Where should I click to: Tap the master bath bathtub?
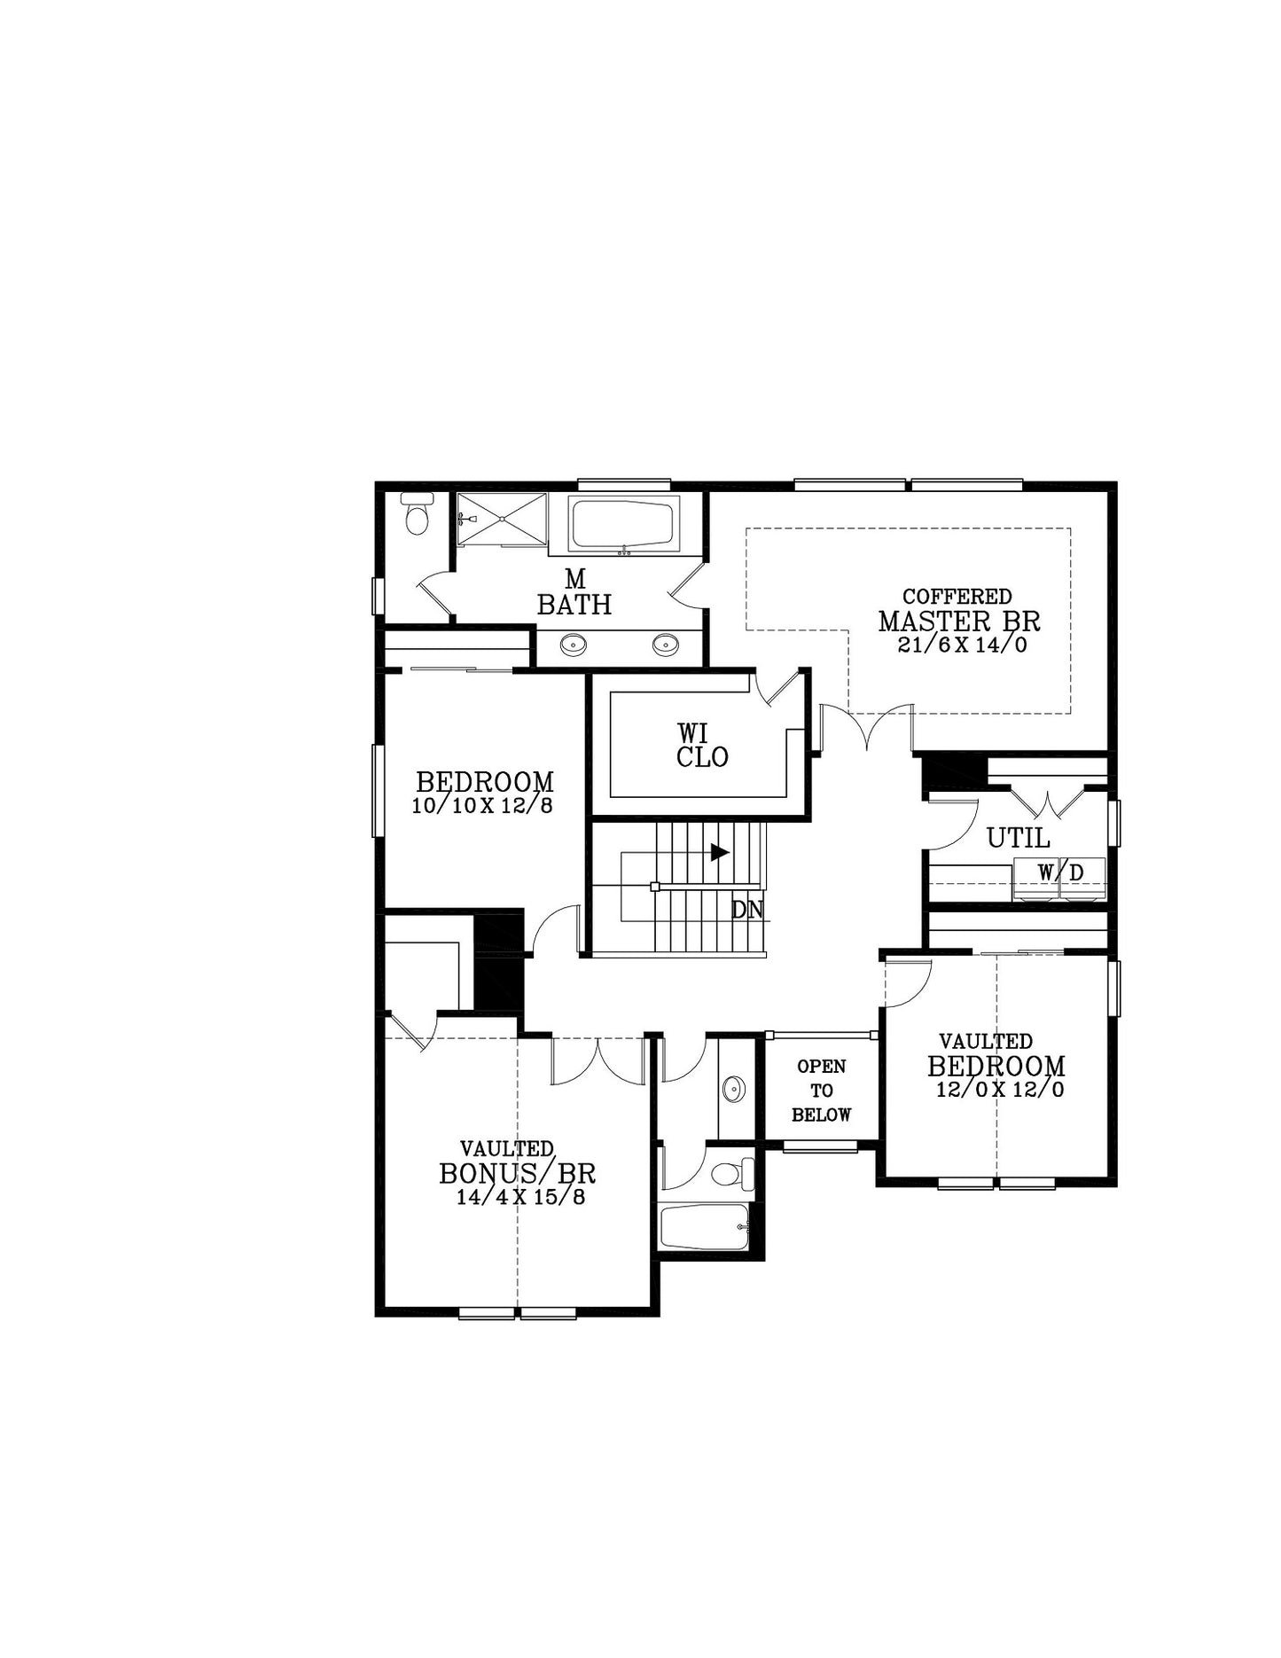click(x=625, y=525)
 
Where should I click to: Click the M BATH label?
click(x=574, y=592)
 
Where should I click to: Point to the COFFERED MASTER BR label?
click(x=958, y=610)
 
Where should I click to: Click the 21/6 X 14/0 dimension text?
click(x=962, y=645)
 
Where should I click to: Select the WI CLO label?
click(x=702, y=745)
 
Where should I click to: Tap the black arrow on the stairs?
click(x=720, y=852)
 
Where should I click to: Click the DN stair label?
click(x=746, y=910)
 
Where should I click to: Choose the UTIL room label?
click(x=1018, y=838)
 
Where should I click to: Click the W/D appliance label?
click(x=1060, y=872)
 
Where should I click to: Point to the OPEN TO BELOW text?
click(x=822, y=1091)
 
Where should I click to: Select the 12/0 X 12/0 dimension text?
click(x=1000, y=1090)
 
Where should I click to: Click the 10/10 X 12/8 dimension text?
click(x=482, y=805)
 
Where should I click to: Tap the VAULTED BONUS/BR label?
click(x=517, y=1162)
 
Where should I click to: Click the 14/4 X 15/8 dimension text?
click(x=520, y=1197)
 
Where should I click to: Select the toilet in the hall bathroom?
click(x=732, y=1174)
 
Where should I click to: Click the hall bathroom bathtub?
click(x=705, y=1226)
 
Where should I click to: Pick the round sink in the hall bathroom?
click(x=733, y=1089)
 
